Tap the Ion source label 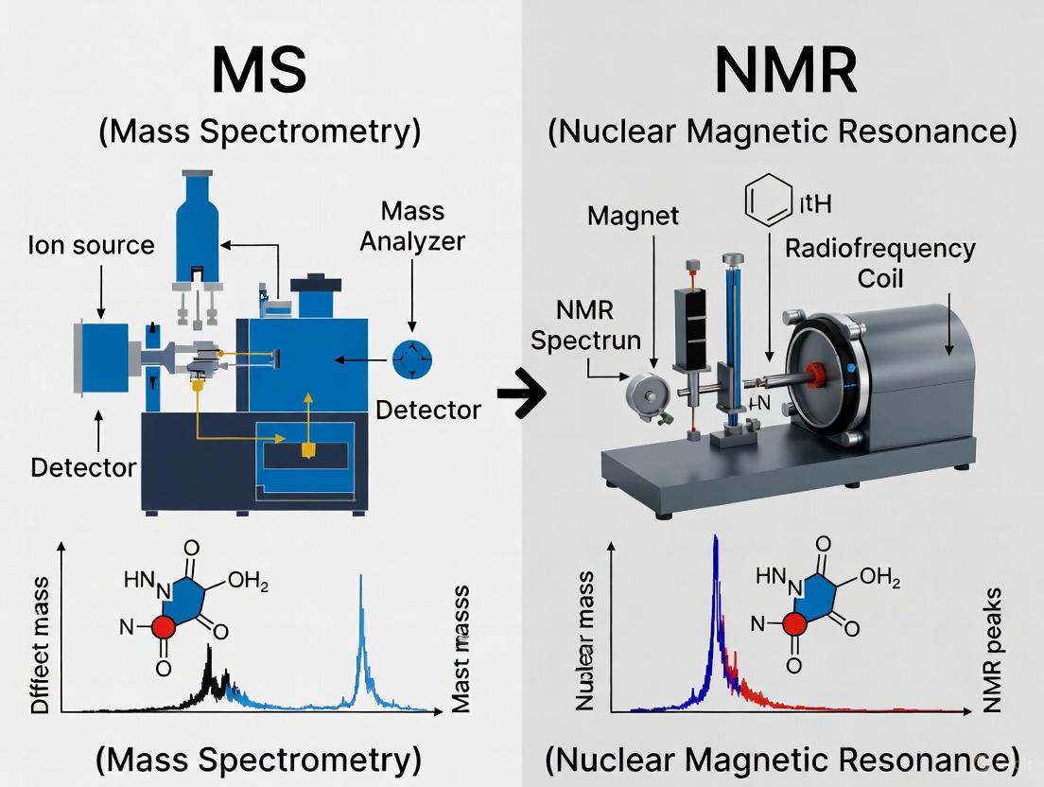(91, 245)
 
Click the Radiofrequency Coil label (879, 263)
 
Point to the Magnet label (633, 215)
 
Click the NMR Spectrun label (585, 324)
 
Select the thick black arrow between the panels (522, 399)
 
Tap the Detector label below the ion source (83, 467)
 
